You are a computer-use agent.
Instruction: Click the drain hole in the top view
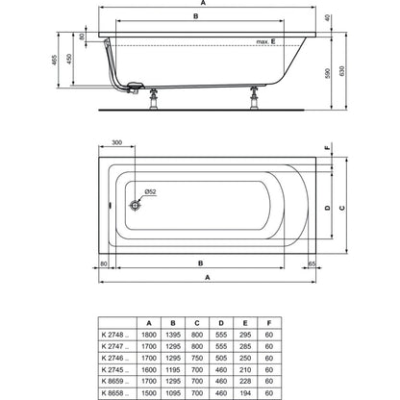136,205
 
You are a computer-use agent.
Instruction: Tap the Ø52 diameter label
150,192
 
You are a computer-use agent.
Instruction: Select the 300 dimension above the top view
117,142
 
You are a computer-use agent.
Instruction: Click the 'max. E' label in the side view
265,41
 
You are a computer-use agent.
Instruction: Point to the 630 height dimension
342,71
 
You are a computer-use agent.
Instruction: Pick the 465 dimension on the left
54,60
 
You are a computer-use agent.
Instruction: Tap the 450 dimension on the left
69,59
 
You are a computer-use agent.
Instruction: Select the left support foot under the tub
154,99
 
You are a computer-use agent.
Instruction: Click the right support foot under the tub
255,98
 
